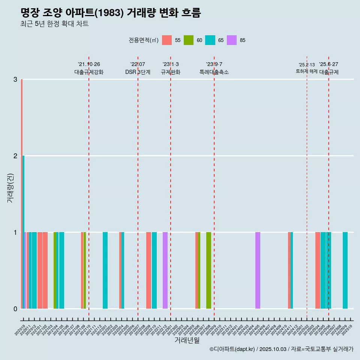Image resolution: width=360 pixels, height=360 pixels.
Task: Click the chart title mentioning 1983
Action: pos(111,13)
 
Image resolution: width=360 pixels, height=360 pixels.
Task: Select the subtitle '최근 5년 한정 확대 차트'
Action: pos(54,24)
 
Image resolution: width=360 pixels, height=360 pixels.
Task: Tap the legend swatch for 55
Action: pos(167,40)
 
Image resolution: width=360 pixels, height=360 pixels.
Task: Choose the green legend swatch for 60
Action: pos(189,40)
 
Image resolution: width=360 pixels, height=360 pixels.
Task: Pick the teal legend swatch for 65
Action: pos(210,40)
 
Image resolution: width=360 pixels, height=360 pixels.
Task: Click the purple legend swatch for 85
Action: pos(232,40)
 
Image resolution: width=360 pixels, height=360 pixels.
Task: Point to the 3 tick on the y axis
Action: pos(15,79)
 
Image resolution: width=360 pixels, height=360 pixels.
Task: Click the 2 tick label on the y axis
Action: pos(15,156)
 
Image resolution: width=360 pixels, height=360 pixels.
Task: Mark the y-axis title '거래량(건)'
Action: pos(10,188)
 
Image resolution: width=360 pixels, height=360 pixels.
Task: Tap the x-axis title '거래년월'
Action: pos(187,340)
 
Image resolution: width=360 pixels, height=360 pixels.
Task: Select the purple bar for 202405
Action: pos(258,270)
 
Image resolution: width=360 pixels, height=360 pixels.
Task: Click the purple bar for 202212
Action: pos(165,270)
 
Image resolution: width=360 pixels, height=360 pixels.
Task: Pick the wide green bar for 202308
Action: pos(208,270)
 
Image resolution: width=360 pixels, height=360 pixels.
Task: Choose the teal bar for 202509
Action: pos(345,270)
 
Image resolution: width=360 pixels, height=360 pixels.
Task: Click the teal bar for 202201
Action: pos(105,270)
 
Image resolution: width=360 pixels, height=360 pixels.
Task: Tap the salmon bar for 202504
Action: pos(318,270)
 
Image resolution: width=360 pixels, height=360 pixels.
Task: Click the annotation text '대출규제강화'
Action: pos(89,72)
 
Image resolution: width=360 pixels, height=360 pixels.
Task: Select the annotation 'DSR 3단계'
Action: pos(138,72)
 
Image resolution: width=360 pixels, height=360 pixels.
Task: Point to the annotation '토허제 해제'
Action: pos(307,71)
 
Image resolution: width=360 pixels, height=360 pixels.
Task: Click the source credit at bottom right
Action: pos(281,349)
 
